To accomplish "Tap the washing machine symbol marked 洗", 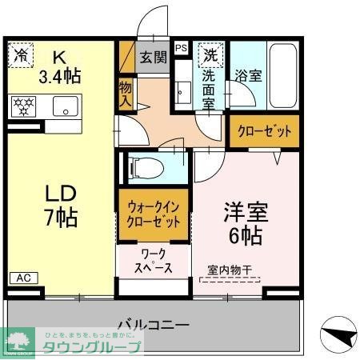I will click(x=210, y=56).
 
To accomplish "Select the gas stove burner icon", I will click(x=24, y=106).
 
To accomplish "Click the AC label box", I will click(x=23, y=278).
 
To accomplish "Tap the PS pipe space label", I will click(x=182, y=47).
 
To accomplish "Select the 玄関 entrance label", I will click(x=154, y=57).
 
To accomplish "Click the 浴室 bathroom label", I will click(x=247, y=77).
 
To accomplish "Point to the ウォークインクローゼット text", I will click(x=155, y=213).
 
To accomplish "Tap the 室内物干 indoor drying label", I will click(x=230, y=270).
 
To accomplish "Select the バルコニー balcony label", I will click(x=153, y=326).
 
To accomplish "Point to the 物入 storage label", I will click(x=126, y=94).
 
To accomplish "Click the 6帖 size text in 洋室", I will click(x=245, y=235).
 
